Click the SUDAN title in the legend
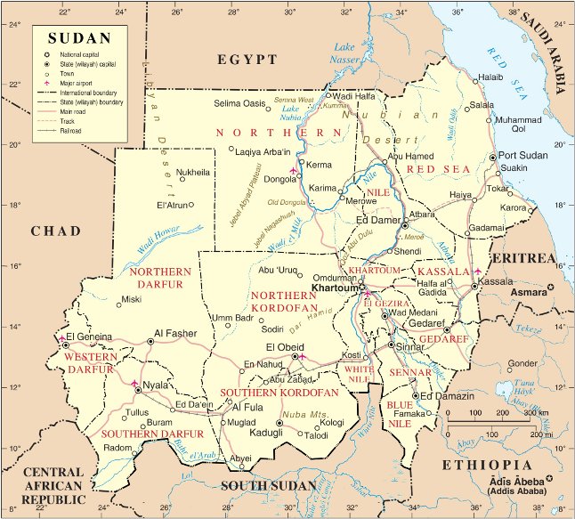click(80, 37)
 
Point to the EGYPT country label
click(247, 60)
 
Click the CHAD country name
click(56, 231)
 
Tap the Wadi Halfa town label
click(356, 95)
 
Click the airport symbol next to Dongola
click(293, 169)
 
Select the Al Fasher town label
click(174, 333)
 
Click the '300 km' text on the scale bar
click(535, 413)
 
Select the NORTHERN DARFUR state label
click(160, 277)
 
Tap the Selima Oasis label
click(241, 104)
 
